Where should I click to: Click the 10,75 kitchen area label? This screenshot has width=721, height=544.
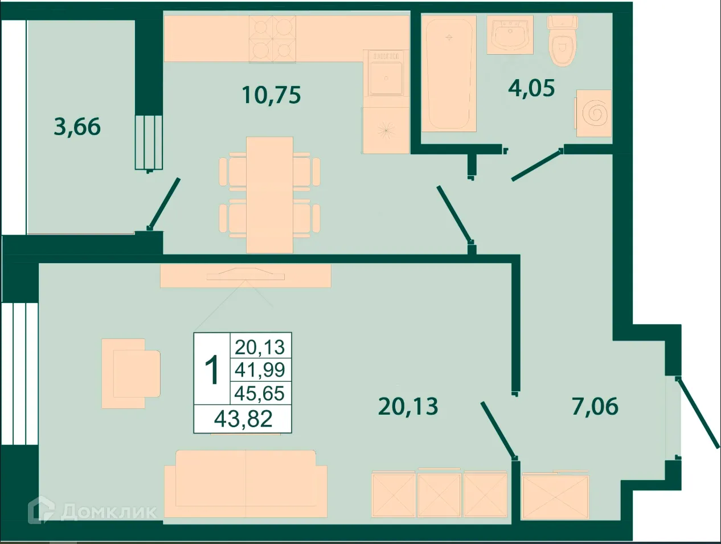point(271,95)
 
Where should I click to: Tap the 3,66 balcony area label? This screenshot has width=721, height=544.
point(77,126)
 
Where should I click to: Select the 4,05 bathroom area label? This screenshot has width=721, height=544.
point(531,88)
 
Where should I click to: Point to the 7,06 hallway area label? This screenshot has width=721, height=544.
point(595,406)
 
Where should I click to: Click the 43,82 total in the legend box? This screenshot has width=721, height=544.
point(243,419)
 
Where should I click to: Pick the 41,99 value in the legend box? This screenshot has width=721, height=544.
point(260,370)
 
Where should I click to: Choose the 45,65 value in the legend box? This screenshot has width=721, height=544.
point(260,393)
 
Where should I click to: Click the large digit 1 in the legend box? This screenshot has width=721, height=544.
point(212,369)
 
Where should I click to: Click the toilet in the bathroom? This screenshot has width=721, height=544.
point(562,41)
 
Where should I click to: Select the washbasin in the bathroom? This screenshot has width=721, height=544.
point(510,34)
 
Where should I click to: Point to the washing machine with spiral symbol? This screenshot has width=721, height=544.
point(593,113)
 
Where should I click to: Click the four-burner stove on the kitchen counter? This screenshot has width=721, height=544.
point(272,38)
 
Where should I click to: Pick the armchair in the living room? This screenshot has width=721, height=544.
point(130,374)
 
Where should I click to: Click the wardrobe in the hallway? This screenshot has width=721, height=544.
point(555,495)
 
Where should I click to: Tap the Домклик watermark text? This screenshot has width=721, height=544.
point(108,511)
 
